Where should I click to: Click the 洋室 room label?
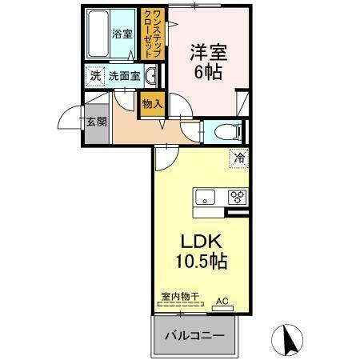click(206, 53)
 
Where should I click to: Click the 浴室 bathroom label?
click(122, 34)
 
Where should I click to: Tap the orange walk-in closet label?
click(150, 32)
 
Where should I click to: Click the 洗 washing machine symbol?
click(95, 76)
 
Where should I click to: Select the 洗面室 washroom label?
click(124, 77)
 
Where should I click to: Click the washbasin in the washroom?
click(150, 77)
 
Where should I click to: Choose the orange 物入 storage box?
click(151, 103)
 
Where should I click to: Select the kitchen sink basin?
click(202, 196)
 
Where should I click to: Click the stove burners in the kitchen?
click(238, 196)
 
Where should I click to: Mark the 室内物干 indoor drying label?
click(179, 297)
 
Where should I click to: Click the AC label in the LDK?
click(222, 301)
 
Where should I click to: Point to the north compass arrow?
click(290, 339)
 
